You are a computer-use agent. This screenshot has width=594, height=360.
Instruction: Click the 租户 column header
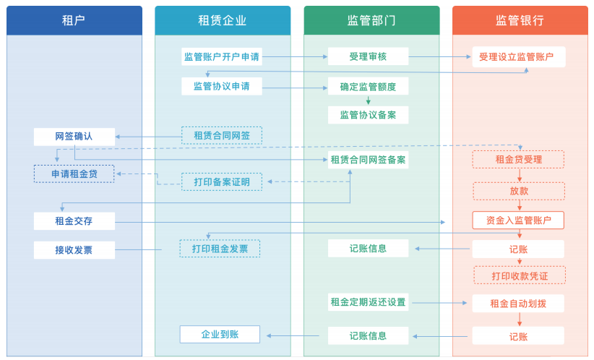point(74,20)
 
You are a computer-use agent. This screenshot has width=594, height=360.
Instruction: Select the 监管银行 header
point(520,20)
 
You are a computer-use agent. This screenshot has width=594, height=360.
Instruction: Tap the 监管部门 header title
point(371,20)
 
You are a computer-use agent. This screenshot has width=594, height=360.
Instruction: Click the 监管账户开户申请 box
point(222,57)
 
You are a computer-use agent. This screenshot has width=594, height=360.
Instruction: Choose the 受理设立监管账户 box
point(519,57)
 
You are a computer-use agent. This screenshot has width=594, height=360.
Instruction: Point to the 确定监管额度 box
point(368,87)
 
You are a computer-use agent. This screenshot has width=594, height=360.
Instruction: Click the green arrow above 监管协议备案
point(369,100)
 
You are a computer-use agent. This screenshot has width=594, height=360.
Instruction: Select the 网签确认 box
point(74,137)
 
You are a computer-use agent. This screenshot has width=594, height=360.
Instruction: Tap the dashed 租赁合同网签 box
point(222,136)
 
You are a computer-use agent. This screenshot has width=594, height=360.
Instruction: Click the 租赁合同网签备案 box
point(368,160)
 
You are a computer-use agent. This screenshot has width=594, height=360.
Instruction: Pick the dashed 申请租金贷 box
point(74,174)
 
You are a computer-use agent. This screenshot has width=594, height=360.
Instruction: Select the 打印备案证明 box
point(222,182)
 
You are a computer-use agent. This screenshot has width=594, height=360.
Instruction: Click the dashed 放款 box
point(519,191)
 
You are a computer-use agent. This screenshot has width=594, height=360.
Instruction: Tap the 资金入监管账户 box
point(518,220)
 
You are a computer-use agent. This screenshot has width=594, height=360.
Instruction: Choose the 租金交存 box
point(74,221)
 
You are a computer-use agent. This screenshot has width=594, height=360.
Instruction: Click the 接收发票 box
point(74,250)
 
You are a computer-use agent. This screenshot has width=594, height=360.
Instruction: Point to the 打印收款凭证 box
point(520,275)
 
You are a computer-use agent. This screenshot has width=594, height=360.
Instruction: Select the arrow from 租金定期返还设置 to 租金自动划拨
point(439,303)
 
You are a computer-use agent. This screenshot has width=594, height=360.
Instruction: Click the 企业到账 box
point(220,334)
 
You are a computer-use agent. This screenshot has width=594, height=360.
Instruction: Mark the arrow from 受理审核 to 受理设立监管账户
point(440,57)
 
